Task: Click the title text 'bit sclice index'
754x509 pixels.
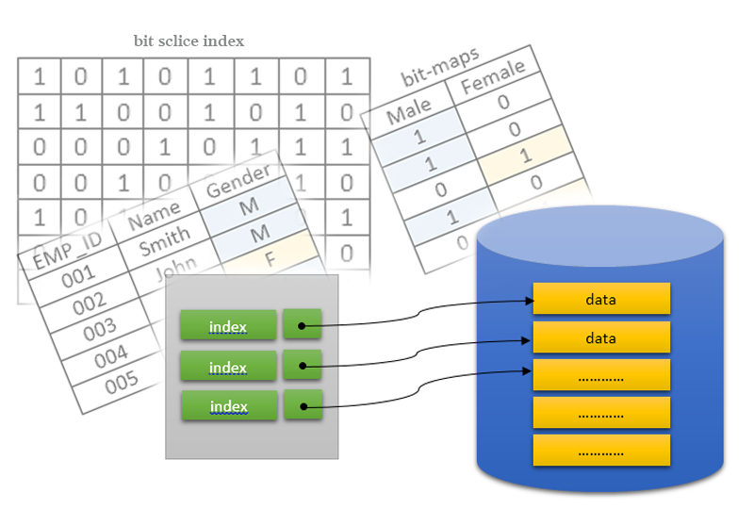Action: tap(189, 41)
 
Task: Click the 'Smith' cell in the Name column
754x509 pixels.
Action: tap(164, 241)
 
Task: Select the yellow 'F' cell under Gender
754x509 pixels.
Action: tap(270, 256)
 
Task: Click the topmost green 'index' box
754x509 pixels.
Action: tap(228, 326)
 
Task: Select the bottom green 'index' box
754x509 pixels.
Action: tap(228, 406)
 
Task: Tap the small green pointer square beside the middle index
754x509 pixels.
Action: tap(302, 366)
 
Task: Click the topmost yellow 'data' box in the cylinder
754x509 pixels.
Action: tap(600, 299)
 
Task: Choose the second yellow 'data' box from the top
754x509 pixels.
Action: tap(600, 337)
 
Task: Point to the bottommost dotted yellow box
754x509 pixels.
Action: tap(600, 451)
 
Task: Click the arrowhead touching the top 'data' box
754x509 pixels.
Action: tap(528, 302)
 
